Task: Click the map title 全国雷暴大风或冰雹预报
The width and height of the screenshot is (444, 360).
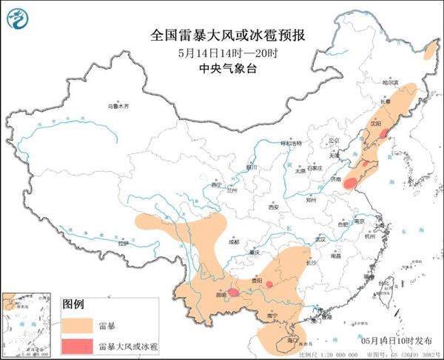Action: tap(221, 35)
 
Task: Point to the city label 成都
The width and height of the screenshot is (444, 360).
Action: tap(234, 241)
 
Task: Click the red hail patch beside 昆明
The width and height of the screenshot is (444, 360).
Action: tap(233, 293)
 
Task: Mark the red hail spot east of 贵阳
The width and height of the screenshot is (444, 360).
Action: tap(270, 284)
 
